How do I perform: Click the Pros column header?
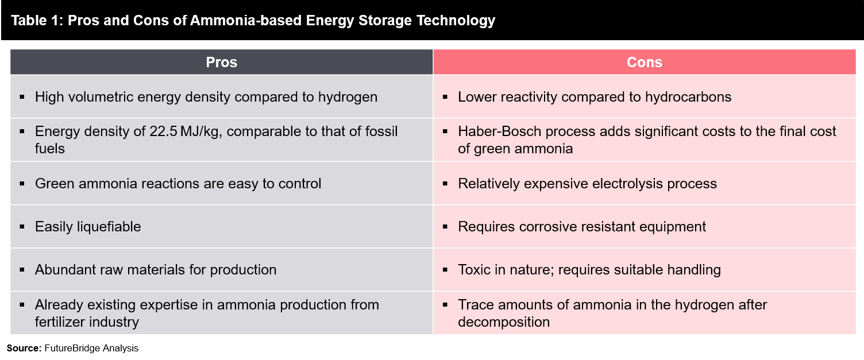coord(221,62)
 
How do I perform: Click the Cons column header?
coord(645,62)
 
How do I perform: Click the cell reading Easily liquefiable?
coord(221,226)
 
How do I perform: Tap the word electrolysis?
coord(627,184)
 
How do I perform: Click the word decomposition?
coord(504,322)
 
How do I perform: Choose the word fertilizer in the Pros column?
coord(60,322)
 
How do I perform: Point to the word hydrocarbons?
coord(688,96)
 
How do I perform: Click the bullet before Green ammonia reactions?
coord(22,184)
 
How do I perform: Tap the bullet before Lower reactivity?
coord(445,96)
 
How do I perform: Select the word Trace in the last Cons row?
coord(476,304)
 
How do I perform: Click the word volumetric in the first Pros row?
coord(101,96)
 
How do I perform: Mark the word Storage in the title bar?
coord(384,21)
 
